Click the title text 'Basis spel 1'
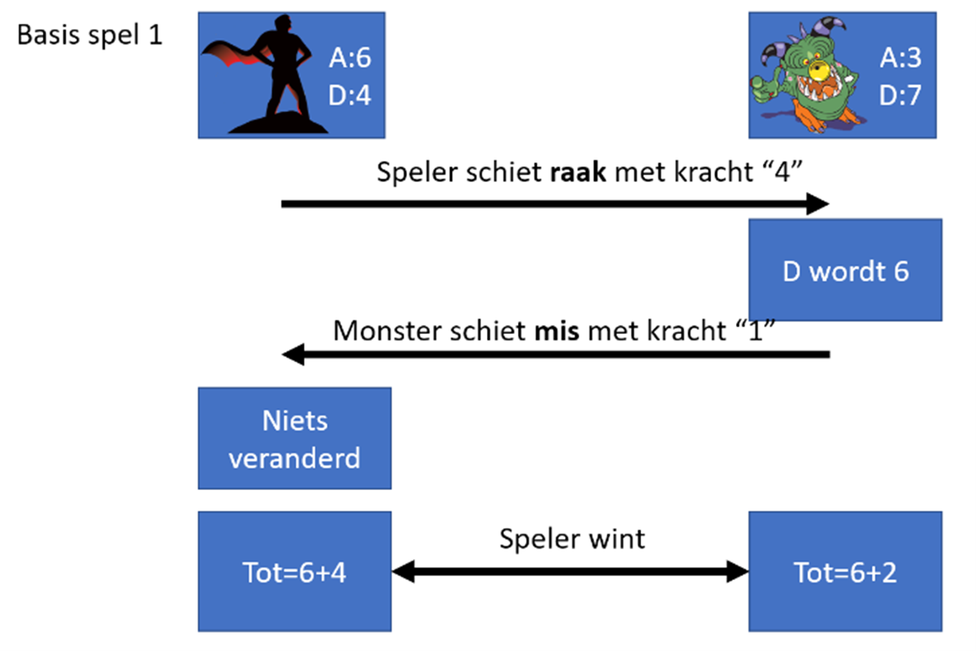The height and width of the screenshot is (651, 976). pyautogui.click(x=89, y=35)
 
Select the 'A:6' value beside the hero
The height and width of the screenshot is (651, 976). pyautogui.click(x=349, y=58)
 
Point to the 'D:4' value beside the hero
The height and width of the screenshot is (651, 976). pyautogui.click(x=349, y=95)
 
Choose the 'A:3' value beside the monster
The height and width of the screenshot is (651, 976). pyautogui.click(x=900, y=58)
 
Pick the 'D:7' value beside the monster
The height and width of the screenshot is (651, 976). pyautogui.click(x=900, y=95)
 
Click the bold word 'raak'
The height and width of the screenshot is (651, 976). pyautogui.click(x=578, y=172)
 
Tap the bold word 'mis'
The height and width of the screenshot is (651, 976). pyautogui.click(x=556, y=331)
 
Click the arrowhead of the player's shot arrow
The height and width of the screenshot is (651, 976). pyautogui.click(x=818, y=203)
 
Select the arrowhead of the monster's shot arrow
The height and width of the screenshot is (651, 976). pyautogui.click(x=294, y=355)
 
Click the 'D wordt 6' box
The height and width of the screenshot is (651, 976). pyautogui.click(x=845, y=271)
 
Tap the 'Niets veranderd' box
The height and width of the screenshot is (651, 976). pyautogui.click(x=294, y=439)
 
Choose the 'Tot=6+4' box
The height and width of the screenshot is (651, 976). pyautogui.click(x=294, y=572)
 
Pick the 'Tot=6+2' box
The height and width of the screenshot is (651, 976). pyautogui.click(x=845, y=572)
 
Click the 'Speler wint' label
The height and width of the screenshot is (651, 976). pyautogui.click(x=572, y=539)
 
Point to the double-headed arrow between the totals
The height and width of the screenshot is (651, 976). pyautogui.click(x=570, y=571)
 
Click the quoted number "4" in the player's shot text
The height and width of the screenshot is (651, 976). pyautogui.click(x=782, y=172)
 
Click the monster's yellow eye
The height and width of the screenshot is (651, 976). pyautogui.click(x=818, y=70)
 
